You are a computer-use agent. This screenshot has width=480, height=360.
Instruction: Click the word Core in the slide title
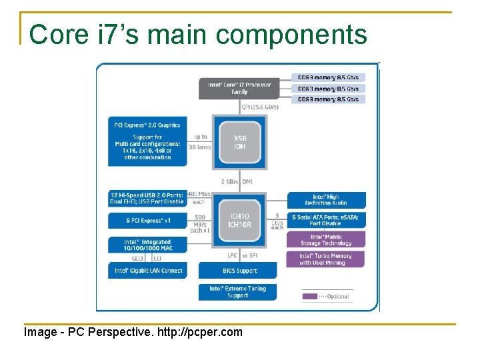click(x=59, y=35)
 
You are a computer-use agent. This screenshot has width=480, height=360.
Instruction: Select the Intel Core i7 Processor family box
click(x=239, y=88)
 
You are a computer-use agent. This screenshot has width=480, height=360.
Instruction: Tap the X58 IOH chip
click(x=239, y=142)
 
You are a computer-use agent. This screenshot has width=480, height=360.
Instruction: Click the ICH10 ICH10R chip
click(x=239, y=221)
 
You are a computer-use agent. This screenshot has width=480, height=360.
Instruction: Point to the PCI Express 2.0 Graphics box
click(x=147, y=141)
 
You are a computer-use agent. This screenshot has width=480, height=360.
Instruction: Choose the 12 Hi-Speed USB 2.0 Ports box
click(x=147, y=198)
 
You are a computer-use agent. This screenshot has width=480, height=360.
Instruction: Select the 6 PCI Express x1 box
click(x=147, y=221)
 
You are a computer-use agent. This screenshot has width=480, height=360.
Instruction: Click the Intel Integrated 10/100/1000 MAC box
click(x=147, y=245)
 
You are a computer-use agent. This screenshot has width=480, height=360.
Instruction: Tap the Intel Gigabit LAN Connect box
click(x=147, y=270)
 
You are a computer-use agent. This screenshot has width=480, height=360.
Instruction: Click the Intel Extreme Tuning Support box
click(x=237, y=292)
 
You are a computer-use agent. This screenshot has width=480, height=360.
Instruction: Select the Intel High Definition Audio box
click(x=327, y=200)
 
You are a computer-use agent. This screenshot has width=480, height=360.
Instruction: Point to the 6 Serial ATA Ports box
click(x=327, y=221)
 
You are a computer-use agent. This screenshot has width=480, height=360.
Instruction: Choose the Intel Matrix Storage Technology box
click(x=327, y=239)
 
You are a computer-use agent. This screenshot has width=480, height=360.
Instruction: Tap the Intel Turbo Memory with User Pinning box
click(x=327, y=259)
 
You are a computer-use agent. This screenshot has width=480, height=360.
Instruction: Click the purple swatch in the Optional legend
click(x=309, y=296)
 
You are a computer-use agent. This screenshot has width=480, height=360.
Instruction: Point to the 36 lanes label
click(x=199, y=147)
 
